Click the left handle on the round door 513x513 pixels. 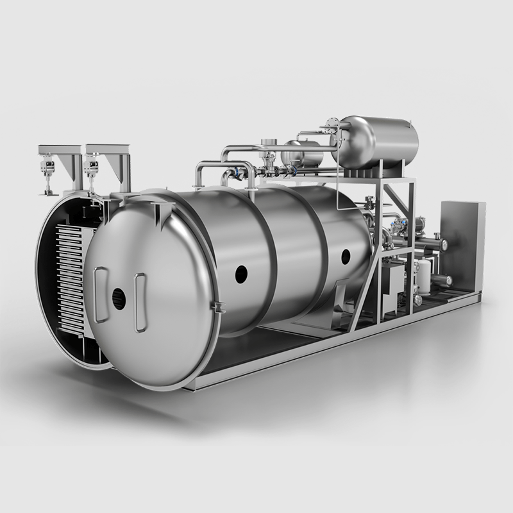pos(101,294)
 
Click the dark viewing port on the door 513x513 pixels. pos(119,299)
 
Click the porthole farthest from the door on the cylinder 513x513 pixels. pos(346,257)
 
